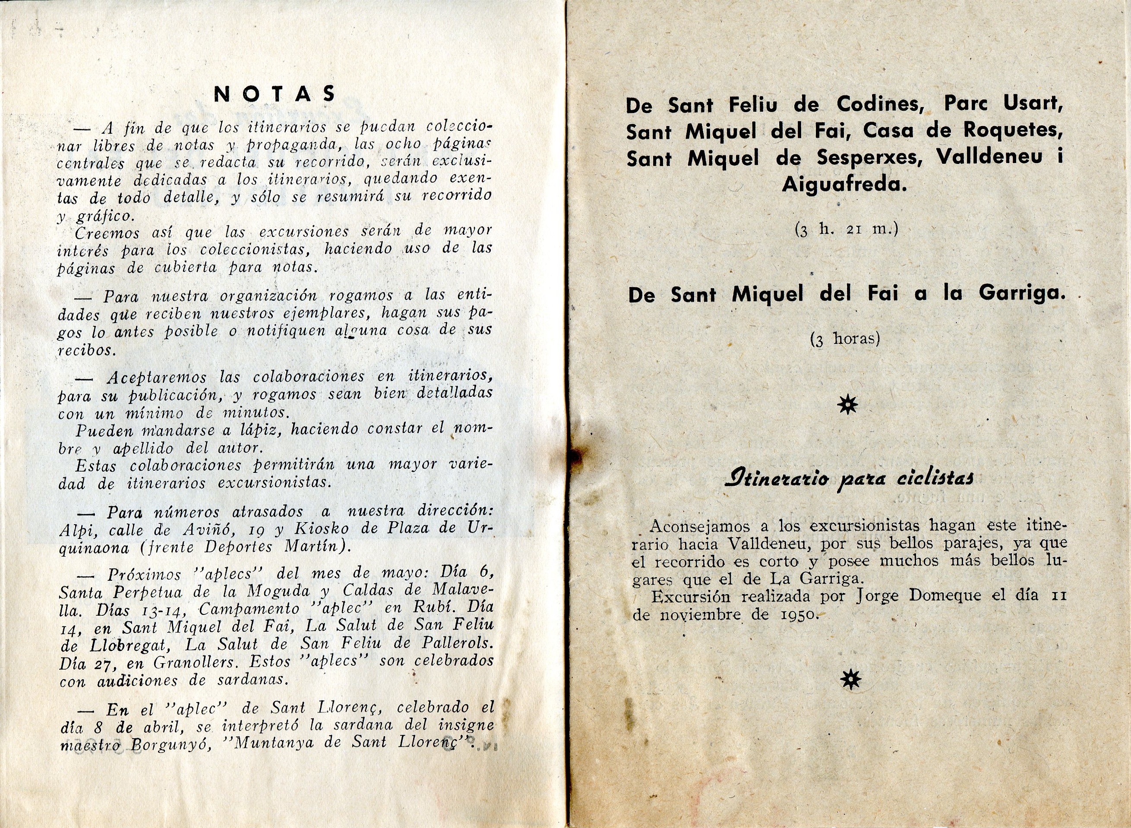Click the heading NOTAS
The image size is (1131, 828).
[275, 94]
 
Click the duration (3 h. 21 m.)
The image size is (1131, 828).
[845, 229]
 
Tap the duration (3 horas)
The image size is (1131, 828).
[845, 339]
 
